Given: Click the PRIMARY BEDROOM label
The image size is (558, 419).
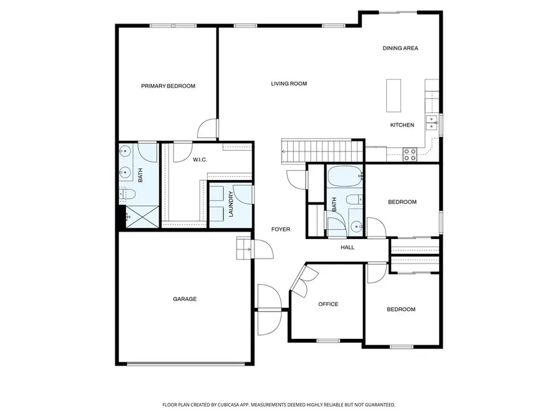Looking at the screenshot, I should point(167,86).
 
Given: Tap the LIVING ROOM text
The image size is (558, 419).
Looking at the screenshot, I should point(288,84).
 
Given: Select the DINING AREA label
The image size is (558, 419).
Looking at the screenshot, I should point(400,48).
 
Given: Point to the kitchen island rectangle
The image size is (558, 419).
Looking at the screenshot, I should point(393,95).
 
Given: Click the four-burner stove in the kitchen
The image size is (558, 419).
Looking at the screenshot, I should point(410,154).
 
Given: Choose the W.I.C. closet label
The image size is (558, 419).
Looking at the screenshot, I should point(199,160).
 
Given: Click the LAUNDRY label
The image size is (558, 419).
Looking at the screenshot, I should point(231,204).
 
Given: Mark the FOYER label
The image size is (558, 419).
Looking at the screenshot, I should point(280,230).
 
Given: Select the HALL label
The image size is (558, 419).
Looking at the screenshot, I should point(347,248).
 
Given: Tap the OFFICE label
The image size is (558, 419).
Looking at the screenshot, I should point(328,304).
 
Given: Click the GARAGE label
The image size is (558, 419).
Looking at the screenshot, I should point(184,299).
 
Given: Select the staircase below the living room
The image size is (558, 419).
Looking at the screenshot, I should point(321,151).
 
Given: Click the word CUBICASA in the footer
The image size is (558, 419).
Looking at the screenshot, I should point(229,405).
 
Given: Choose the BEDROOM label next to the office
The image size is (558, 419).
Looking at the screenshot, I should point(401,309).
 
